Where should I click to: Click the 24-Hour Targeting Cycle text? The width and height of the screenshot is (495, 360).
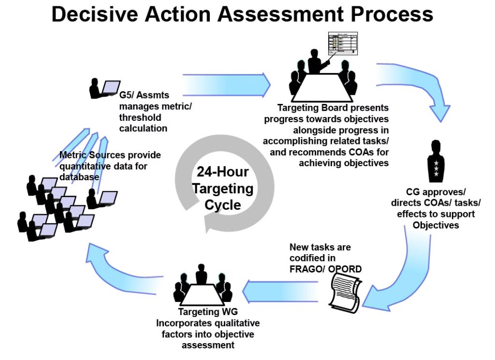[x=223, y=188]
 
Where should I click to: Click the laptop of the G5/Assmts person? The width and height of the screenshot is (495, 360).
[x=111, y=87]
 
